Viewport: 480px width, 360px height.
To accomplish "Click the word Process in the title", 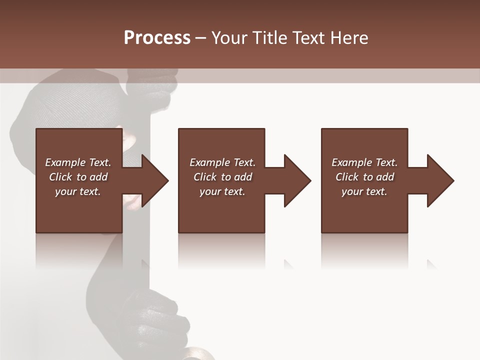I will click(x=157, y=37).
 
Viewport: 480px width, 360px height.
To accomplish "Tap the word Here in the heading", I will click(x=348, y=37).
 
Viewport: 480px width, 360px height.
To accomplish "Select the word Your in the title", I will click(x=229, y=37).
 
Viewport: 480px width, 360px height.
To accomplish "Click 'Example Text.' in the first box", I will click(x=78, y=162).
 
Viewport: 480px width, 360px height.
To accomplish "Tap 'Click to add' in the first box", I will click(x=78, y=177).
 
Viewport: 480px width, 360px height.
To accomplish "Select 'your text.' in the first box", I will click(x=78, y=191).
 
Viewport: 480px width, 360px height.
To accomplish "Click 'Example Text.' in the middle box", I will click(x=222, y=162).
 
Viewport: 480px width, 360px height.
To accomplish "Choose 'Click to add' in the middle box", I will click(x=222, y=177).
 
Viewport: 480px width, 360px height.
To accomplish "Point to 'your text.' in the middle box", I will click(x=222, y=191).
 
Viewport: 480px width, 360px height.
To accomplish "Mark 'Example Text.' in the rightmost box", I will click(x=364, y=162).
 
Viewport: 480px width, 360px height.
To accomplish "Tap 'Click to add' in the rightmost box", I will click(x=364, y=177).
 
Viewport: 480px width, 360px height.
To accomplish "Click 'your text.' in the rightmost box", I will click(x=364, y=191).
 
